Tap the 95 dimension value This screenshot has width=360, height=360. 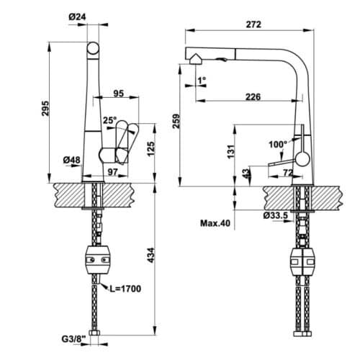119,93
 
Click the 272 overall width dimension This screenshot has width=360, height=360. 252,24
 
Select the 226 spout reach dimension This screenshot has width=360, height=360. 252,96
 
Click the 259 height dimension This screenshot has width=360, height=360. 176,123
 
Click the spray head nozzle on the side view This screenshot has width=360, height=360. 192,57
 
